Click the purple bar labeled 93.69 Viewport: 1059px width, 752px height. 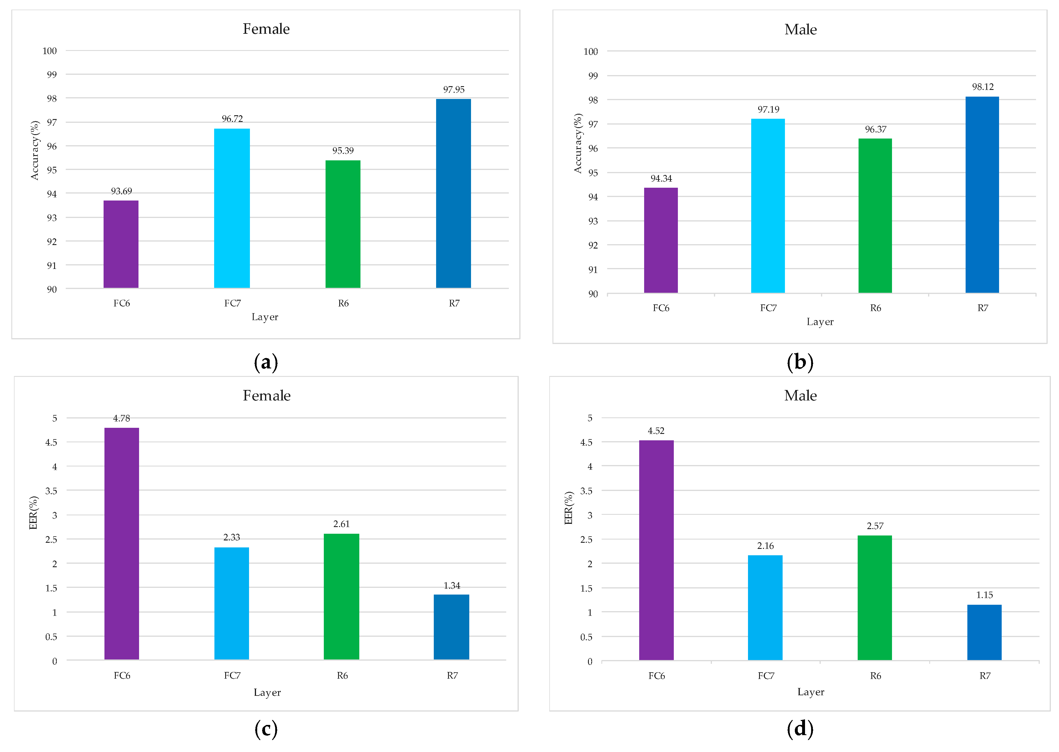[x=121, y=244]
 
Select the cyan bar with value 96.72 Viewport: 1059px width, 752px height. [x=232, y=208]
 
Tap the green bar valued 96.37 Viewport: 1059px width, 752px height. [x=875, y=216]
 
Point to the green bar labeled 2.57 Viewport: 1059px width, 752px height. [x=874, y=598]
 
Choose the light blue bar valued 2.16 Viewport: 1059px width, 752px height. [x=765, y=608]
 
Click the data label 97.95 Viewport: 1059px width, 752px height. [x=454, y=89]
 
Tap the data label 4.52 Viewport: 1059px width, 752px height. [x=656, y=431]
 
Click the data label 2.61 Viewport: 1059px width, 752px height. [x=341, y=524]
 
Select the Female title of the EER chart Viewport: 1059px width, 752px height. [x=266, y=395]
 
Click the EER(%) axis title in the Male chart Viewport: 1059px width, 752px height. [x=569, y=508]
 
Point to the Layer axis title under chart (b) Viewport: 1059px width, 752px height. [x=820, y=322]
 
